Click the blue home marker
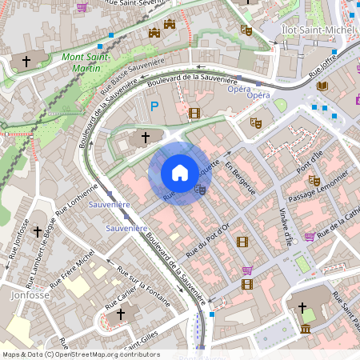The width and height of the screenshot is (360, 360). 180,173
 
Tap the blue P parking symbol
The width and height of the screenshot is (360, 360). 154,106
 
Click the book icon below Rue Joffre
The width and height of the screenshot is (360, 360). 322,86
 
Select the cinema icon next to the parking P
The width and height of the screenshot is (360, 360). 194,113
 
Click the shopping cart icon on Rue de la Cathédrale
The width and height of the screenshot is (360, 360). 310,237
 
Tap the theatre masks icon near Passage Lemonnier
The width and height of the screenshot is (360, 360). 314,181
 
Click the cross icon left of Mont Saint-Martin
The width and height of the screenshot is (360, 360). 26,61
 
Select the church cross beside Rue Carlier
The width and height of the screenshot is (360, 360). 121,314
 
